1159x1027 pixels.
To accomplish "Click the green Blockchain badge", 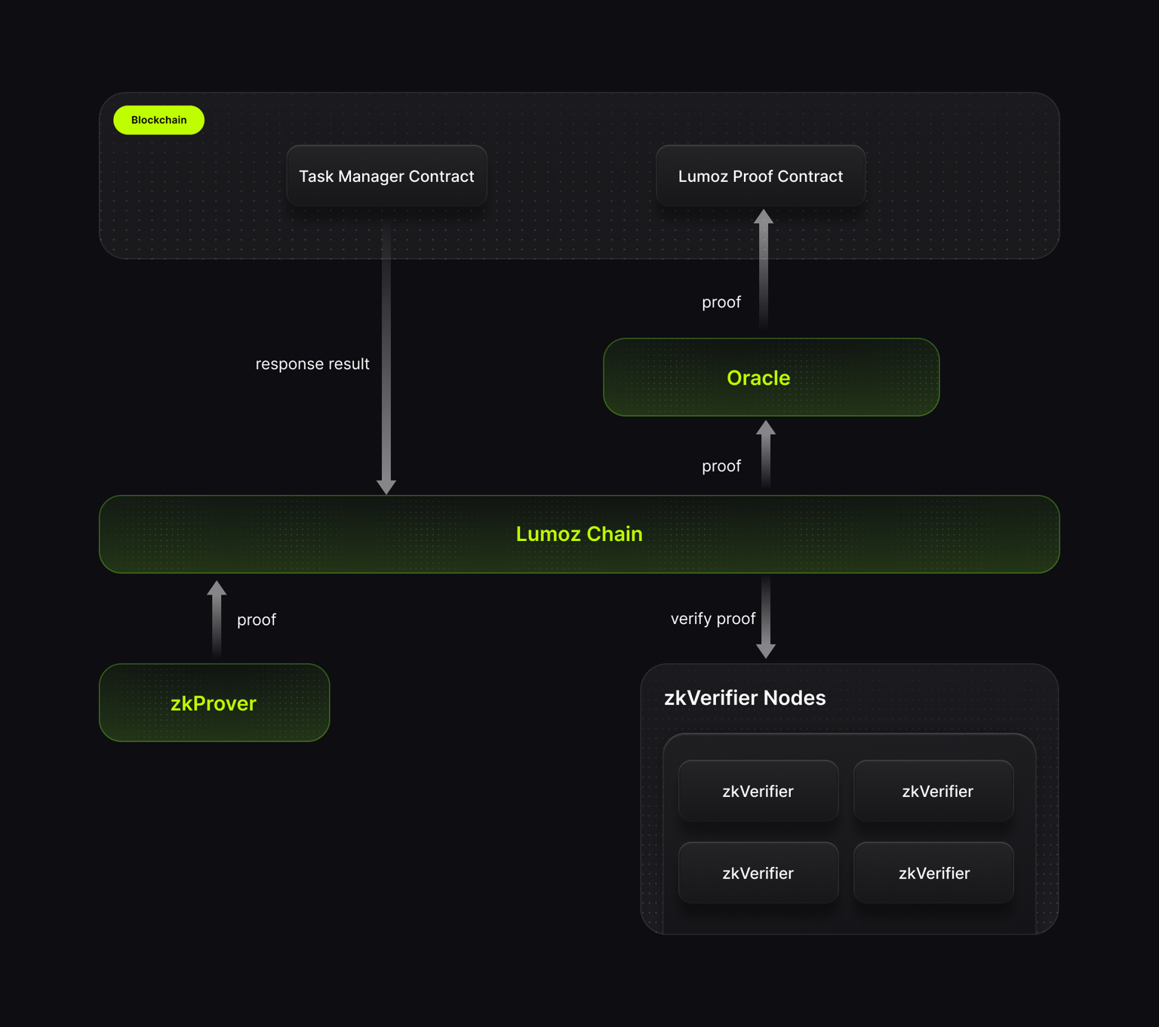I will pos(158,120).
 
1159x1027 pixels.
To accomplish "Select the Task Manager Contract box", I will pos(386,177).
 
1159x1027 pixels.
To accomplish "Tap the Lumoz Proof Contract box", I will pos(760,177).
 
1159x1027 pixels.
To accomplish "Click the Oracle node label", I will pos(758,378).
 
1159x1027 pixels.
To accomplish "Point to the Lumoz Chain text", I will pos(579,534).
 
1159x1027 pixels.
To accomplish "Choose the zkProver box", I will pos(214,703).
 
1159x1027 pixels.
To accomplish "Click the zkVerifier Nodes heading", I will pos(745,698).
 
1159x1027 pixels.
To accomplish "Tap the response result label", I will pos(312,364).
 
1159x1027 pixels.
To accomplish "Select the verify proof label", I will pos(712,619).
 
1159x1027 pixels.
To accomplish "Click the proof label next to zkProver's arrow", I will pos(257,620).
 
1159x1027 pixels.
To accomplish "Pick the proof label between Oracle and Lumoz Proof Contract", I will pos(721,303).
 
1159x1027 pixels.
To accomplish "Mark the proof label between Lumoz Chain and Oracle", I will pos(721,466).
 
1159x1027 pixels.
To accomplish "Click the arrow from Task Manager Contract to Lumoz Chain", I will pos(386,362).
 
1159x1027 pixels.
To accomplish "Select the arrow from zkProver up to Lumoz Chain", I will pos(217,619).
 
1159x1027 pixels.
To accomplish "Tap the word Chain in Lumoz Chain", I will pos(614,534).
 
